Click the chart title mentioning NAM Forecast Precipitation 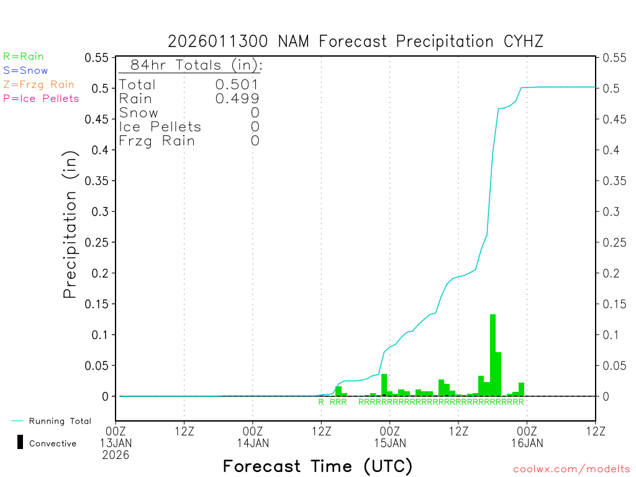pos(355,42)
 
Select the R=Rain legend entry pos(24,57)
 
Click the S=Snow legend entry pos(25,71)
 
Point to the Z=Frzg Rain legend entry pos(39,84)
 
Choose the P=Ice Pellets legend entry pos(41,98)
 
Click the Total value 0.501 pos(237,84)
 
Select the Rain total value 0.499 pos(237,99)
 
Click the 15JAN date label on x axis pos(389,443)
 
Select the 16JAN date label pos(527,443)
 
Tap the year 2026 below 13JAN pos(116,455)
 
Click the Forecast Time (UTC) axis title pos(317,466)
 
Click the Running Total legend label pos(60,421)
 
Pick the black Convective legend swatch pos(20,442)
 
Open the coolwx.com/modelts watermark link pos(571,469)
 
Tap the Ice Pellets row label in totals pos(160,127)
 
